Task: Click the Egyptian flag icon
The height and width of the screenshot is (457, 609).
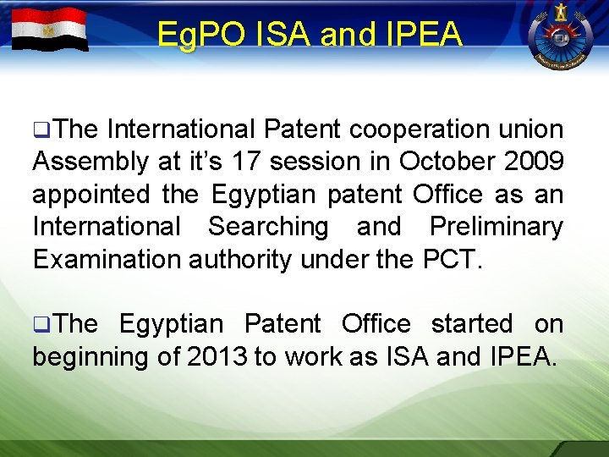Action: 50,30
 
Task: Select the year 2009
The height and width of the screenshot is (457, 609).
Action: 532,162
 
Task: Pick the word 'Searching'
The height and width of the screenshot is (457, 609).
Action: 268,227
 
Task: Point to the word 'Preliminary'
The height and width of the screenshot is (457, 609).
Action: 497,227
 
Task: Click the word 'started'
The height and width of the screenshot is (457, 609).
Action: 472,324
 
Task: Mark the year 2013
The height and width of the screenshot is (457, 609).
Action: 214,356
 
